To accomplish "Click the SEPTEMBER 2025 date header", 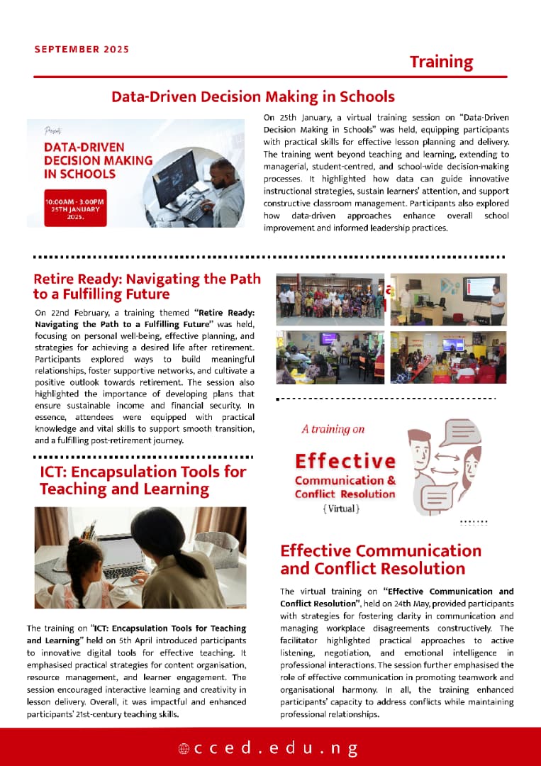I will tap(82, 50).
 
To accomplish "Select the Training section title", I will tap(441, 62).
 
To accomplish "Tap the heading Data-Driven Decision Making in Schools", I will tap(252, 96).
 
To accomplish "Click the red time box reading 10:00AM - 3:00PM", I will tap(75, 207).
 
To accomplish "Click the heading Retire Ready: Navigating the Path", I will tap(147, 286).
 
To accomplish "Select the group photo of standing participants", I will tap(330, 299).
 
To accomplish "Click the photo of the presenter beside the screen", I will tap(448, 299).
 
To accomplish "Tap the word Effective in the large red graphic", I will tap(345, 461).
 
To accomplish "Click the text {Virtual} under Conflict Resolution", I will tap(341, 509).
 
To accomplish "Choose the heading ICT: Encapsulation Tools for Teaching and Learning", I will tap(143, 480).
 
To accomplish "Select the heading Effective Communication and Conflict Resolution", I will tap(381, 560).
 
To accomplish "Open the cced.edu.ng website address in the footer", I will tap(269, 748).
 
